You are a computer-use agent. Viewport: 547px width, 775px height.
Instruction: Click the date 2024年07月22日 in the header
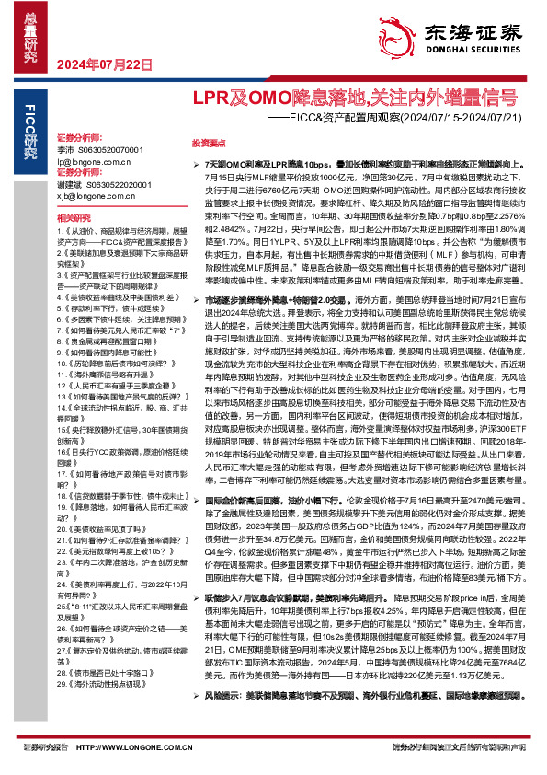(x=104, y=64)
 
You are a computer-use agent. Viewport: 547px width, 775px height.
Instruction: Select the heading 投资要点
(x=208, y=145)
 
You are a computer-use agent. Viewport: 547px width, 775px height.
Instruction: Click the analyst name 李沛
(x=65, y=148)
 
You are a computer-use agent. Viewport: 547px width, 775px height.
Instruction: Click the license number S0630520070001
(x=112, y=148)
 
